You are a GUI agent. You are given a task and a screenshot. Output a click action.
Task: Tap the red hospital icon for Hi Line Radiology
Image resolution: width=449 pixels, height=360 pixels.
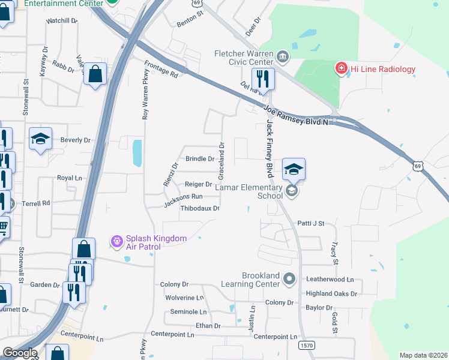pyautogui.click(x=342, y=69)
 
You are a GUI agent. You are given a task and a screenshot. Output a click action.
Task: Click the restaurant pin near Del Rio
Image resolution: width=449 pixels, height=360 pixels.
pyautogui.click(x=263, y=79)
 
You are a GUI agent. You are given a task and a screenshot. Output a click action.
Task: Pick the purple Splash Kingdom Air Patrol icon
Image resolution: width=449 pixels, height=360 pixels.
pyautogui.click(x=117, y=242)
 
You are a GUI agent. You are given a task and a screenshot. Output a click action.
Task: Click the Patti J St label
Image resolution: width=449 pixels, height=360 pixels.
pyautogui.click(x=310, y=223)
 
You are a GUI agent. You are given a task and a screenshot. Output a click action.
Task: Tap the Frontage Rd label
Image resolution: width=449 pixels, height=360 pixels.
pyautogui.click(x=161, y=68)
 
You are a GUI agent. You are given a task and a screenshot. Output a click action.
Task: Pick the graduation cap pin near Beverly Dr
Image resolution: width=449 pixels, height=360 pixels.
pyautogui.click(x=41, y=139)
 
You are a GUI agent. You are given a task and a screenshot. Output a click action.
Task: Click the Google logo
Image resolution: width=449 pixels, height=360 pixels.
pyautogui.click(x=20, y=353)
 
